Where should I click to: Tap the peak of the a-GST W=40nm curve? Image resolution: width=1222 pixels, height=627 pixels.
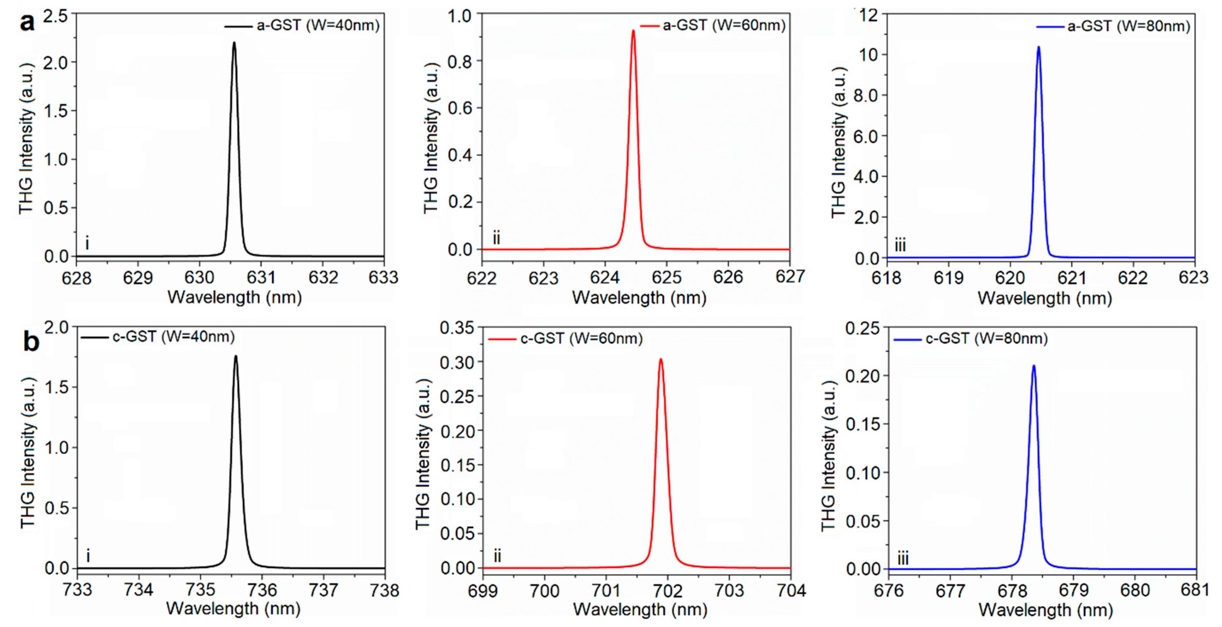pyautogui.click(x=234, y=43)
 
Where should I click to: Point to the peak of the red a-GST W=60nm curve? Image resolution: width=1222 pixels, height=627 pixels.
pyautogui.click(x=633, y=31)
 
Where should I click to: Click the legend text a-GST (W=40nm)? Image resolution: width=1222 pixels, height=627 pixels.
pyautogui.click(x=318, y=25)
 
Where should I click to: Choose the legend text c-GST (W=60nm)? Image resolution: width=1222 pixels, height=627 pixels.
pyautogui.click(x=581, y=339)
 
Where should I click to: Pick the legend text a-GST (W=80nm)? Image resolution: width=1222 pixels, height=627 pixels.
pyautogui.click(x=1128, y=26)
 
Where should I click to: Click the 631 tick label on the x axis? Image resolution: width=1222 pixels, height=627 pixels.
pyautogui.click(x=261, y=277)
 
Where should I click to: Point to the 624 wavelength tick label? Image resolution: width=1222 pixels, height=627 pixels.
pyautogui.click(x=605, y=277)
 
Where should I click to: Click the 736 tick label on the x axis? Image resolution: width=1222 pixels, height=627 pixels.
pyautogui.click(x=262, y=590)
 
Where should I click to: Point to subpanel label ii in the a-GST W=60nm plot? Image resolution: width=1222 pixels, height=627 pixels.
pyautogui.click(x=496, y=238)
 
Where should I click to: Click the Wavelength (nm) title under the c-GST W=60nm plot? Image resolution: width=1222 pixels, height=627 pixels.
pyautogui.click(x=640, y=609)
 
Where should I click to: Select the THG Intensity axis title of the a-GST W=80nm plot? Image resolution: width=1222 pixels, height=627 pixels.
pyautogui.click(x=839, y=142)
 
